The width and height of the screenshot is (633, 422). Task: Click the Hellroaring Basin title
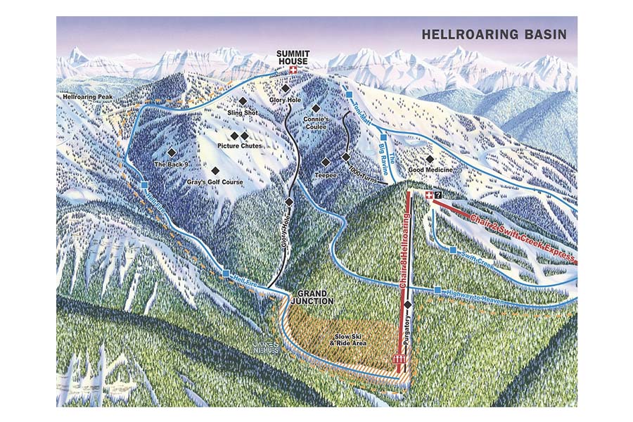tap(493, 34)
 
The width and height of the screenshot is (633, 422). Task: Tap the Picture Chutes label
tap(239, 146)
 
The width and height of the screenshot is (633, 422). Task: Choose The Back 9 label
tap(170, 165)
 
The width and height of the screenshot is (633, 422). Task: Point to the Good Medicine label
tap(430, 170)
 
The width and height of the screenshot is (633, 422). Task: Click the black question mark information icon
tap(439, 195)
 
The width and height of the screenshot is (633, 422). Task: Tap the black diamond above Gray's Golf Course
tap(215, 170)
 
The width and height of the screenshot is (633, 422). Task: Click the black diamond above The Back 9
tap(171, 152)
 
